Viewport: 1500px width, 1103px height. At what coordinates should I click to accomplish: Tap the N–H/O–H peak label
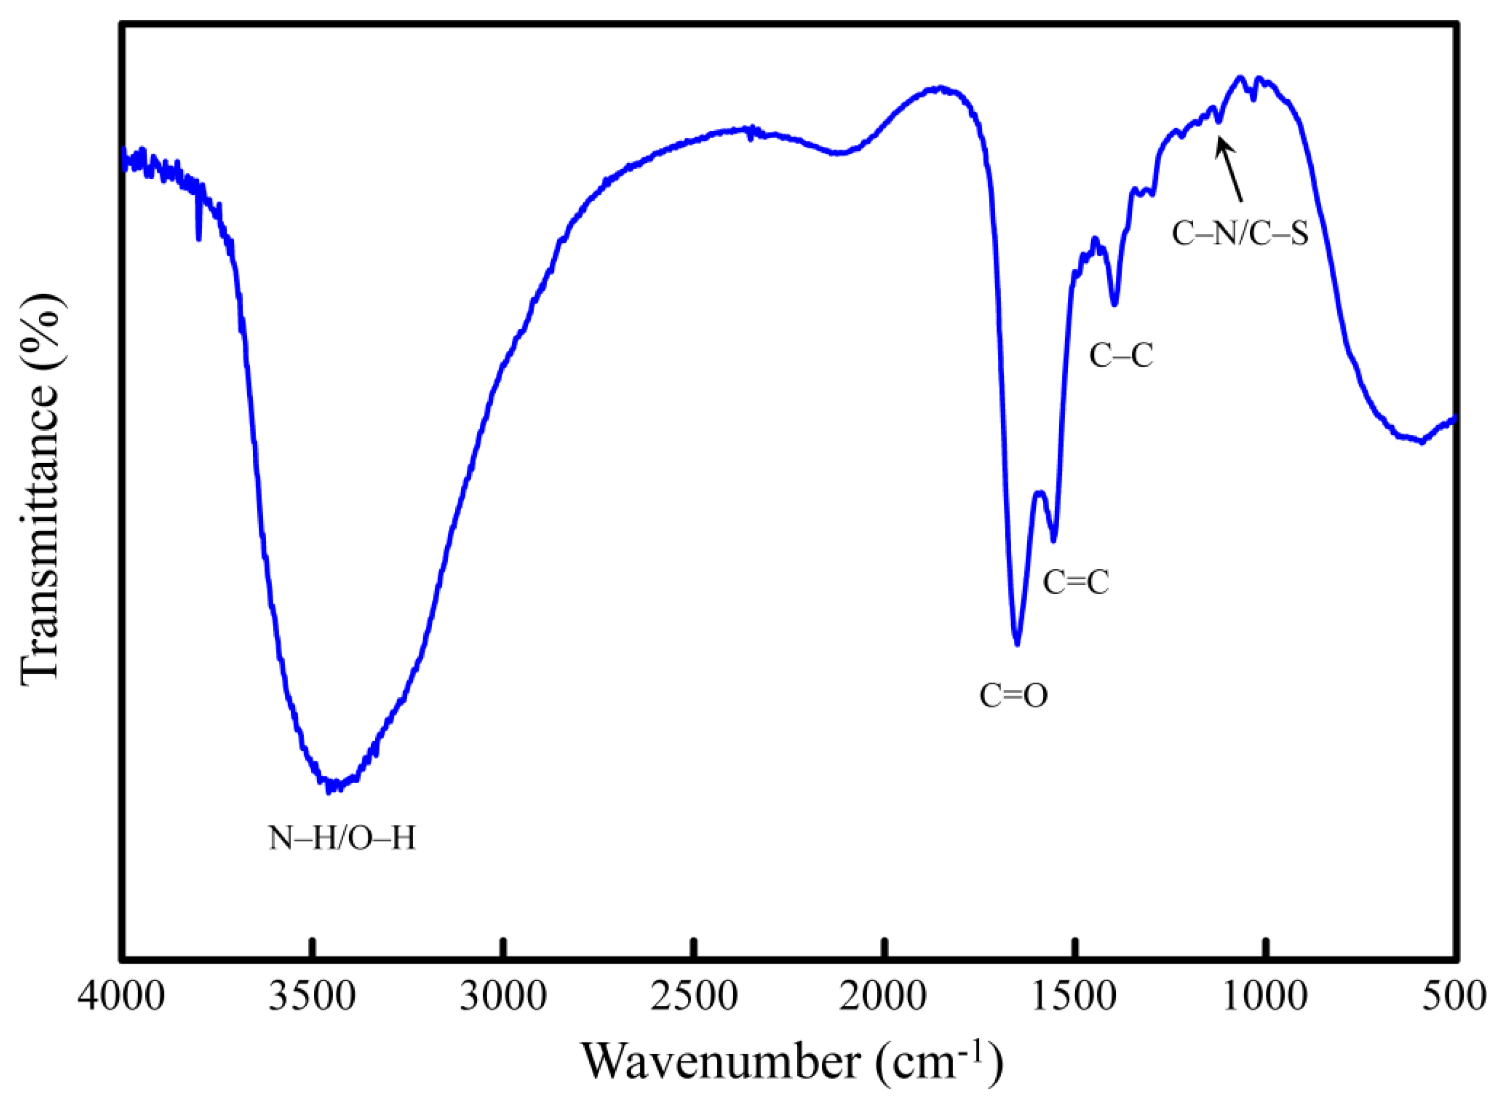click(342, 838)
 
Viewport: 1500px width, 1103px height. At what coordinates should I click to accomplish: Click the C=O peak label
click(1013, 696)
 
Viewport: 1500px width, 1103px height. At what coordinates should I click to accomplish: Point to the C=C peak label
click(1076, 582)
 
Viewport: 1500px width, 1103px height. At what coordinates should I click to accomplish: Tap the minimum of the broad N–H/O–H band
click(328, 791)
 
